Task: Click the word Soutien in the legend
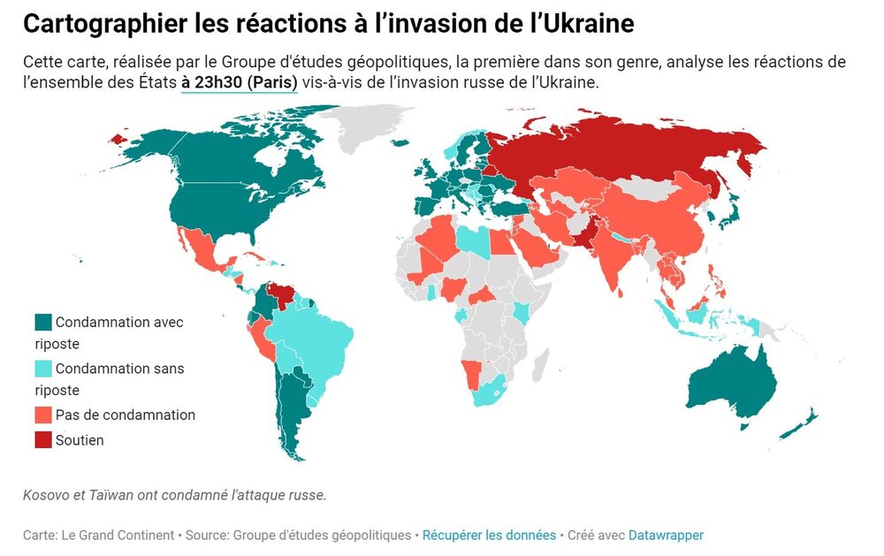pos(80,439)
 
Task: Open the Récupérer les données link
pos(489,535)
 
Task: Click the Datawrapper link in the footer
pos(666,535)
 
